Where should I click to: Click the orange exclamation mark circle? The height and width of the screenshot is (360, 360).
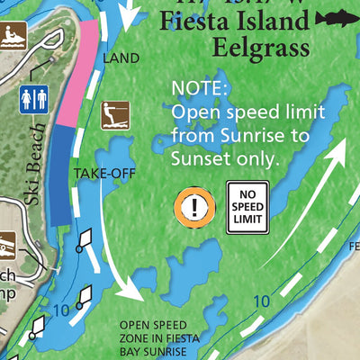click(x=193, y=206)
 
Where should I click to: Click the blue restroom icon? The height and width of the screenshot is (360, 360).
click(x=33, y=100)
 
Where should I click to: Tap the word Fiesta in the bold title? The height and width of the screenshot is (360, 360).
click(x=190, y=22)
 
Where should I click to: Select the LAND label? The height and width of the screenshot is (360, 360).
click(x=121, y=58)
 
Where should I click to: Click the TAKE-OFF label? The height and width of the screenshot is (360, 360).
click(x=105, y=173)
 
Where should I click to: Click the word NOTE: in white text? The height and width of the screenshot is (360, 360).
click(x=201, y=90)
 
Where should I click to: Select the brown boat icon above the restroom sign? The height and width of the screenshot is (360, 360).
click(x=11, y=37)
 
